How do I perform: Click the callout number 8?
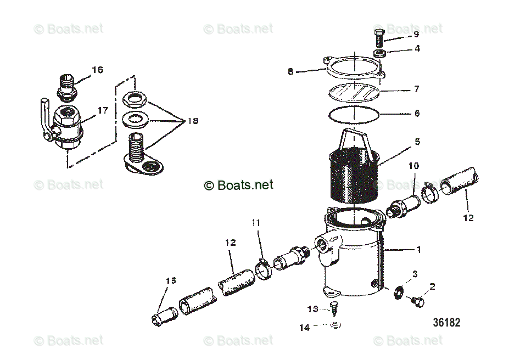point(290,71)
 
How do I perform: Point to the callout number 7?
point(417,89)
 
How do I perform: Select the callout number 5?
point(417,142)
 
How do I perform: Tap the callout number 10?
point(413,165)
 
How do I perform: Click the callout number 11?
point(255,223)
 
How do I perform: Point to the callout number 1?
point(418,250)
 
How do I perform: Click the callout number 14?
point(304,328)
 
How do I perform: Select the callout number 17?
point(103,110)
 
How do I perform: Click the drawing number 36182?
point(446,322)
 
